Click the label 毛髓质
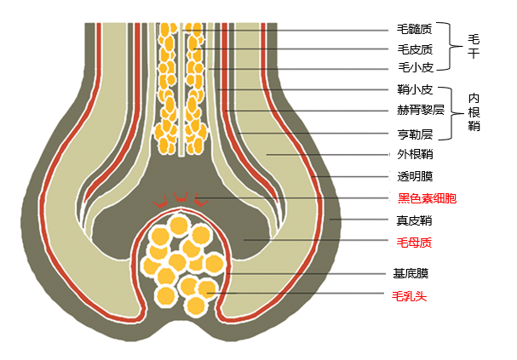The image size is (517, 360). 415,31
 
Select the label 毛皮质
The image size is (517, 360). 415,49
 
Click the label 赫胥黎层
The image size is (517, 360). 421,110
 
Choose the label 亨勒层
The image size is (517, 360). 415,134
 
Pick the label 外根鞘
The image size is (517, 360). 415,155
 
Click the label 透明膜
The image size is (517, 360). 415,177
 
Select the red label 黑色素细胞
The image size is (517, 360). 427,198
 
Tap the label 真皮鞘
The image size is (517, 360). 415,220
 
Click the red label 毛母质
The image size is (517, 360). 415,243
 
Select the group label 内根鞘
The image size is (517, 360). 474,111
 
